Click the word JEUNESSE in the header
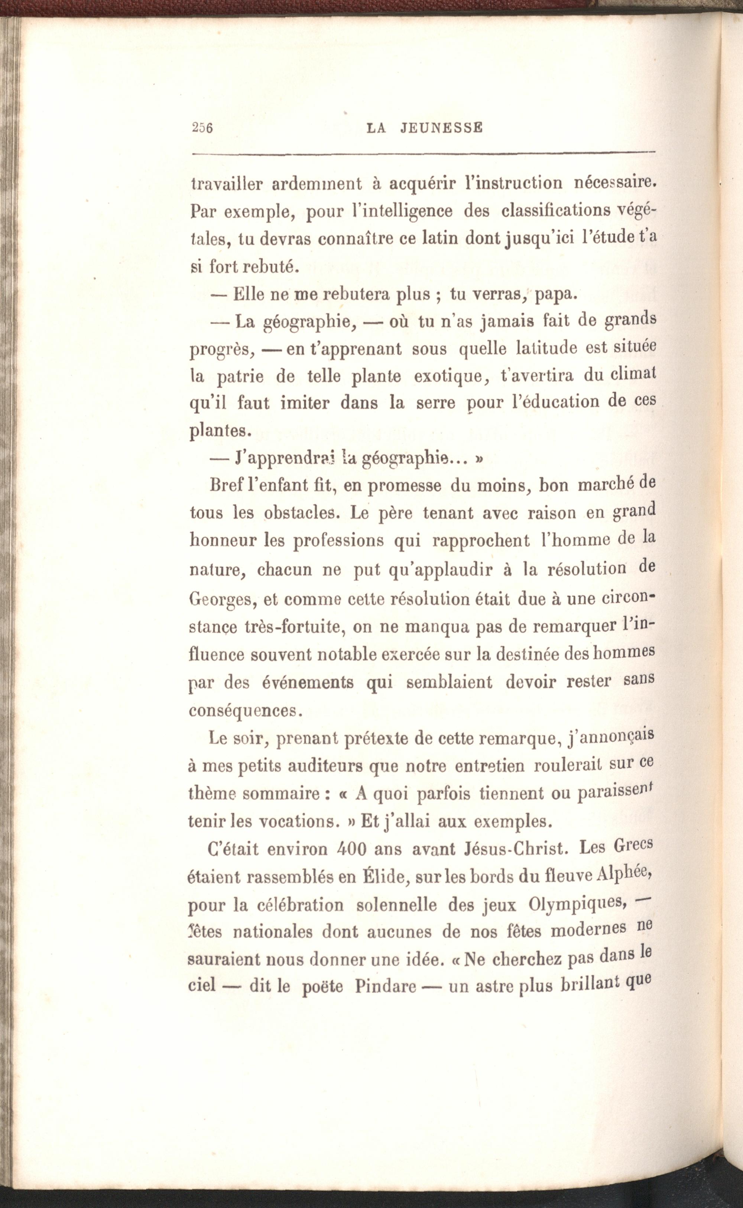click(441, 128)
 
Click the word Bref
click(225, 485)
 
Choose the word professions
click(338, 541)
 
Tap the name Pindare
click(386, 986)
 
